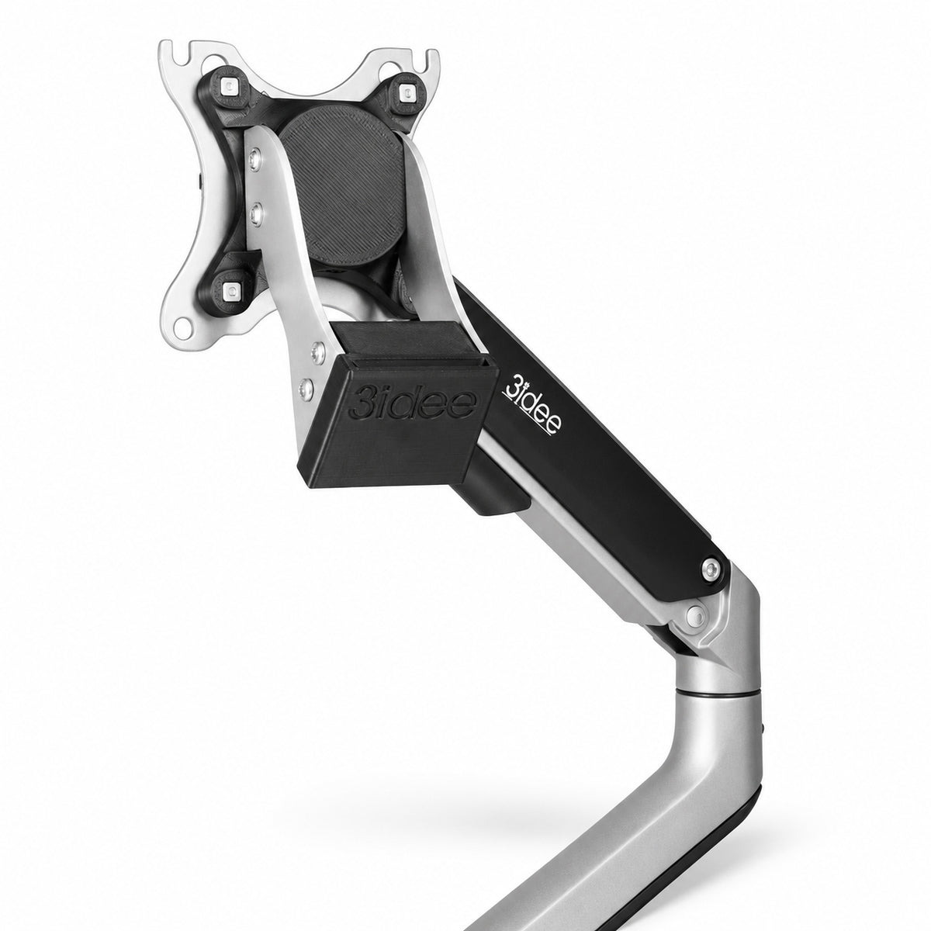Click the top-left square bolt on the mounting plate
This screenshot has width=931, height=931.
click(228, 86)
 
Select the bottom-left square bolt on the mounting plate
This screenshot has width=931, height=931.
click(233, 290)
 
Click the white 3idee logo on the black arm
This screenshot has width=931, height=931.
click(532, 408)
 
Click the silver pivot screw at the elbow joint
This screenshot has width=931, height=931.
click(695, 615)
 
